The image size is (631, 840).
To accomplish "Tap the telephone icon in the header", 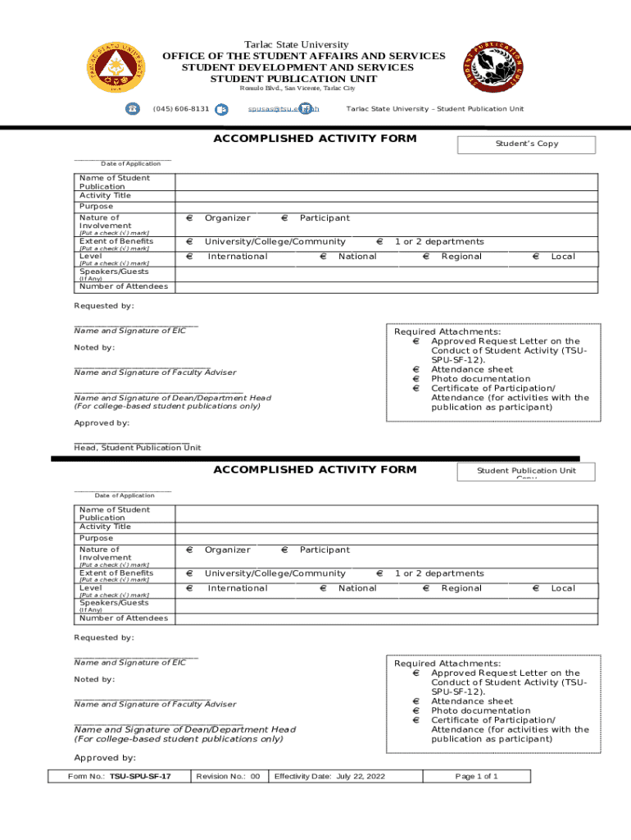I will click(x=132, y=109).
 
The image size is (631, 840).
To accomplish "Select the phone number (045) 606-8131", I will click(x=180, y=109).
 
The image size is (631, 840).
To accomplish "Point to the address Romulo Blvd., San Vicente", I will click(x=291, y=89).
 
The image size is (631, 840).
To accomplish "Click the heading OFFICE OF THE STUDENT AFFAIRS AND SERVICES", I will click(x=303, y=56).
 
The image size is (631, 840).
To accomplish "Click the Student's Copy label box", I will click(x=526, y=144).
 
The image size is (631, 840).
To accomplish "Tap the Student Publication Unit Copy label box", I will click(x=526, y=472).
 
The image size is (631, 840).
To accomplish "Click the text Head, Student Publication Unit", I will click(x=137, y=448).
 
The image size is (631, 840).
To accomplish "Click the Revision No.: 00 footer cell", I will click(x=228, y=776).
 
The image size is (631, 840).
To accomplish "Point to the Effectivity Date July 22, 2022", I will click(x=329, y=776).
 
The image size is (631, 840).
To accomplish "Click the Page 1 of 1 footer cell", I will click(x=476, y=776).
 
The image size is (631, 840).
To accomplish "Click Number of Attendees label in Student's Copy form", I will click(x=123, y=286).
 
